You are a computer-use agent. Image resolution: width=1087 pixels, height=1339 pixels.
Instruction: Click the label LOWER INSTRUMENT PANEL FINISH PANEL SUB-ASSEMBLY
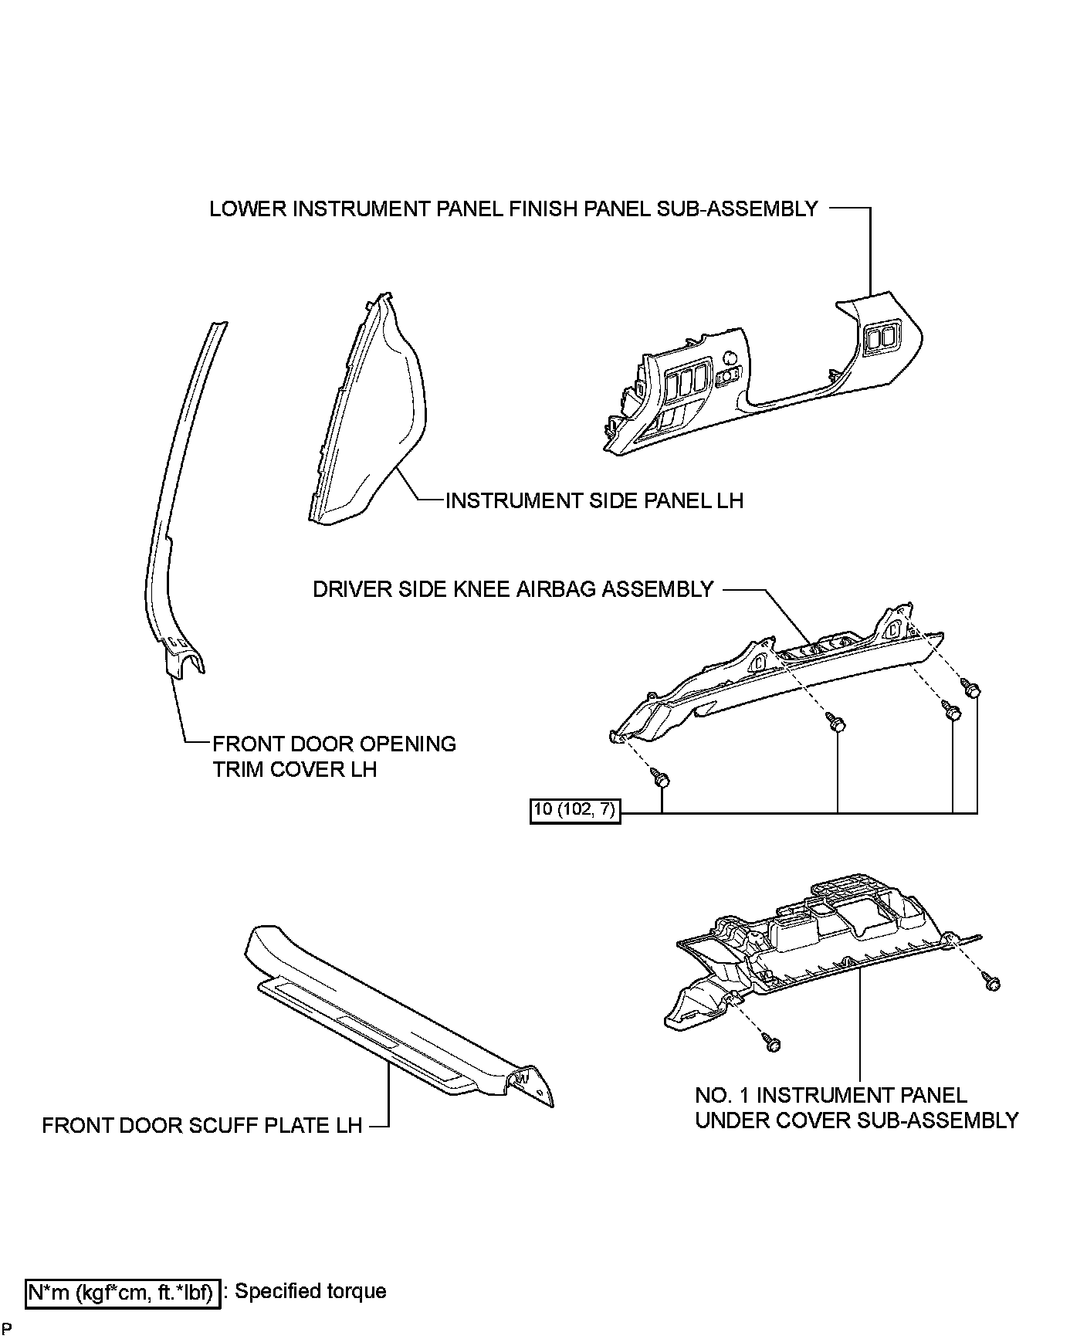tap(513, 209)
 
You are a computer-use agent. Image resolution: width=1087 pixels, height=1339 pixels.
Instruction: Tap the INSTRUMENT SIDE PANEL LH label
tap(594, 500)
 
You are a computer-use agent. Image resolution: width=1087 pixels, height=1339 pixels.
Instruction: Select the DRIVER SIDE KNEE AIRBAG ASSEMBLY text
tap(513, 589)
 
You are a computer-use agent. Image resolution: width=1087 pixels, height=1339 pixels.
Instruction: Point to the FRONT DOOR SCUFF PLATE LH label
tap(201, 1125)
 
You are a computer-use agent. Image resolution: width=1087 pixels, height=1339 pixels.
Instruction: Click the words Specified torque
tap(310, 1291)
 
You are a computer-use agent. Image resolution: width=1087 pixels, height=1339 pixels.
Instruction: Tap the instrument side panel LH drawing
tap(369, 417)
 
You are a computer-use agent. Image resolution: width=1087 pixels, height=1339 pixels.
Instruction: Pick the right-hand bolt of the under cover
tap(993, 983)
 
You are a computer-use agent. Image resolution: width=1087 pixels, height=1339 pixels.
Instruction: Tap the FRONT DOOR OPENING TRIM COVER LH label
tap(334, 756)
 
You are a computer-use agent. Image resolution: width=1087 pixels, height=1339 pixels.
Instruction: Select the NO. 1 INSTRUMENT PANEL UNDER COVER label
tap(856, 1107)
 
